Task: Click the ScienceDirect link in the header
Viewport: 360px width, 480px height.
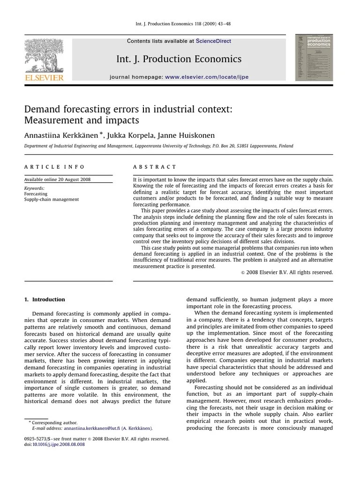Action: (x=213, y=41)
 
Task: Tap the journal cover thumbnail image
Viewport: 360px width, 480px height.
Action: (x=314, y=58)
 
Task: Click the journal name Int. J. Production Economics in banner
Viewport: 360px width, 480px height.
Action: (x=179, y=59)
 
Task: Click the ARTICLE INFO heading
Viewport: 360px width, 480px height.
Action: (x=54, y=167)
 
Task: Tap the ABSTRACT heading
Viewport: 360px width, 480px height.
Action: (x=155, y=167)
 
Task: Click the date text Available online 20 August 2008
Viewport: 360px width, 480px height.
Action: (x=58, y=180)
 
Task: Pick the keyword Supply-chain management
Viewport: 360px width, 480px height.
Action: (x=52, y=199)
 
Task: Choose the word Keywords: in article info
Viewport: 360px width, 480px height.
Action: (x=34, y=188)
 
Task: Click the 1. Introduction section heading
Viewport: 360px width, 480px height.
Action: (x=45, y=300)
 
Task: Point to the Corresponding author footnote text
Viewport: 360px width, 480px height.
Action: (x=55, y=422)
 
